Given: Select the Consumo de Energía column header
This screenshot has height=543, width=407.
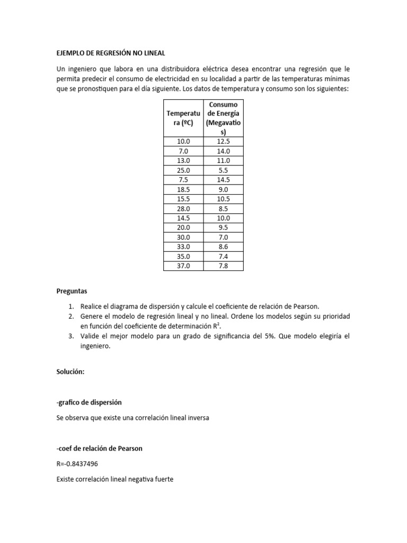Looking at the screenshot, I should click(223, 117).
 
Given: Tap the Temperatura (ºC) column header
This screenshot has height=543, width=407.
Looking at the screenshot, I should click(183, 117).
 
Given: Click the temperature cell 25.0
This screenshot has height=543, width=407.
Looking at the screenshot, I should click(183, 170).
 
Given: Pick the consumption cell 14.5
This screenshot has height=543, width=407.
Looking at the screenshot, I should click(223, 179).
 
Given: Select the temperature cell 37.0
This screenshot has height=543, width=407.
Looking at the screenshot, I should click(183, 266).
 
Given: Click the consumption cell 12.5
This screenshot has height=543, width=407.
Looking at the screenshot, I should click(223, 141).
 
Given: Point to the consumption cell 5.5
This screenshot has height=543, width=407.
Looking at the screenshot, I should click(223, 170).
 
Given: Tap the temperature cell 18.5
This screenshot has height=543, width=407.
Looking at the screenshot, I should click(183, 189).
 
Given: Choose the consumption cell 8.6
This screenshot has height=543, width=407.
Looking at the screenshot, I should click(223, 247).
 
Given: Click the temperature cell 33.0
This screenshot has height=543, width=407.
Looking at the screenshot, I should click(183, 247).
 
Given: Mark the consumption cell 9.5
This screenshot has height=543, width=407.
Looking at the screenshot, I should click(223, 227).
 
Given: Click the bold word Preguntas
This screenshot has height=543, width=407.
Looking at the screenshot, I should click(72, 291).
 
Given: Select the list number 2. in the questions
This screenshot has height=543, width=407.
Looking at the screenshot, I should click(72, 316).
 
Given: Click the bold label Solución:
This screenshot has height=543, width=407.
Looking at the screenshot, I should click(70, 372).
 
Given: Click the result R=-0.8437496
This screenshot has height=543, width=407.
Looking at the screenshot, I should click(77, 464).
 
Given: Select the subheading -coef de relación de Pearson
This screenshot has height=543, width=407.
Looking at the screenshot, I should click(99, 449).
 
